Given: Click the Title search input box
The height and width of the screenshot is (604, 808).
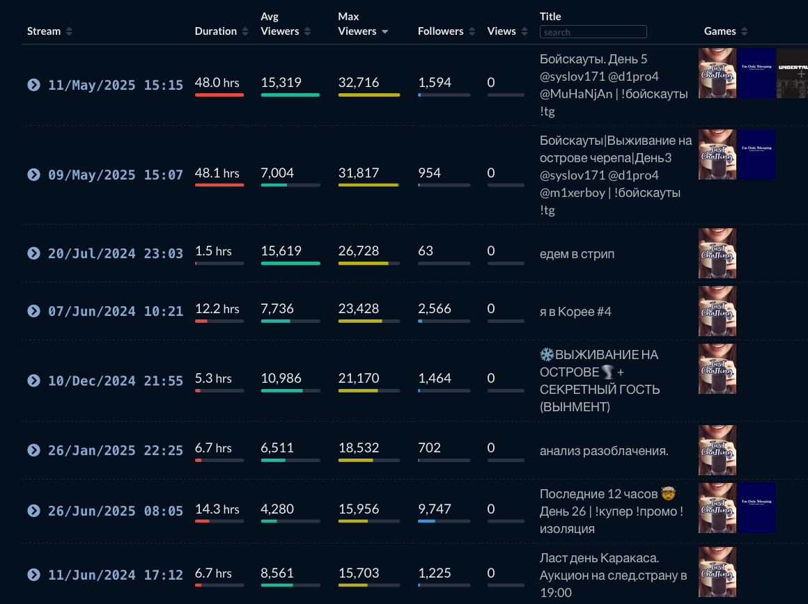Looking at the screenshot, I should coord(593,32).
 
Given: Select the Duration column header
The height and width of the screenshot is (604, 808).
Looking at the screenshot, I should coord(215,31).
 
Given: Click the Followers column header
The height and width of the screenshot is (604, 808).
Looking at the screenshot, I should coord(440,31).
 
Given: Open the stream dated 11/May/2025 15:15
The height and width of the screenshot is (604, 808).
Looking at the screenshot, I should coord(115,85).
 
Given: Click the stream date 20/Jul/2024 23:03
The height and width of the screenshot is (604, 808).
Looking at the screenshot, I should coord(115,253).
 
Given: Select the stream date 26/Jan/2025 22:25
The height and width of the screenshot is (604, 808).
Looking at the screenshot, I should coord(115,450).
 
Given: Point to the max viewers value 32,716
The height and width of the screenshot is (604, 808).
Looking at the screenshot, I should coord(359,82).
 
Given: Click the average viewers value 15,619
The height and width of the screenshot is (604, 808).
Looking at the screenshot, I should coord(281,251).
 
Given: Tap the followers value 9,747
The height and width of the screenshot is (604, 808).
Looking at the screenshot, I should coord(435,509).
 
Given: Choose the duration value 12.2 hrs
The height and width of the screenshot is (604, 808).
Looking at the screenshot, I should coord(217,308).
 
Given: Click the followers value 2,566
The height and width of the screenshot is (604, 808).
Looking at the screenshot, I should coord(435,308).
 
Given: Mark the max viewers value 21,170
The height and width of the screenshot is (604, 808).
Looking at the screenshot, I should coord(359,378).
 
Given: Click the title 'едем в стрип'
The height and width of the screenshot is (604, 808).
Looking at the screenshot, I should coord(577,254).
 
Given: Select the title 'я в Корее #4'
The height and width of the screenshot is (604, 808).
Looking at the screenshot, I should coord(575,312).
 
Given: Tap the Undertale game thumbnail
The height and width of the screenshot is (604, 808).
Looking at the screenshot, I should coord(792,73).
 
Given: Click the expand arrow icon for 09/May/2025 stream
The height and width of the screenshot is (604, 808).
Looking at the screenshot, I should coord(33,174).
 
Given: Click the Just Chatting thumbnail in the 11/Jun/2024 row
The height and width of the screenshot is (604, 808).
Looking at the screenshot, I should coord(717,572).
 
